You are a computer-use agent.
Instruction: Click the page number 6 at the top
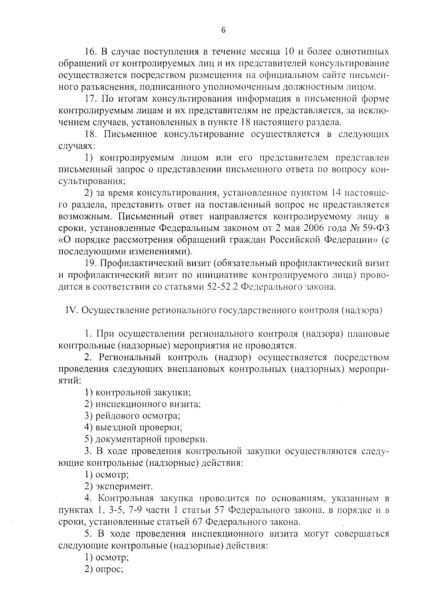[x=223, y=31]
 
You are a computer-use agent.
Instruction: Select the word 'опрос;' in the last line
[x=109, y=569]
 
